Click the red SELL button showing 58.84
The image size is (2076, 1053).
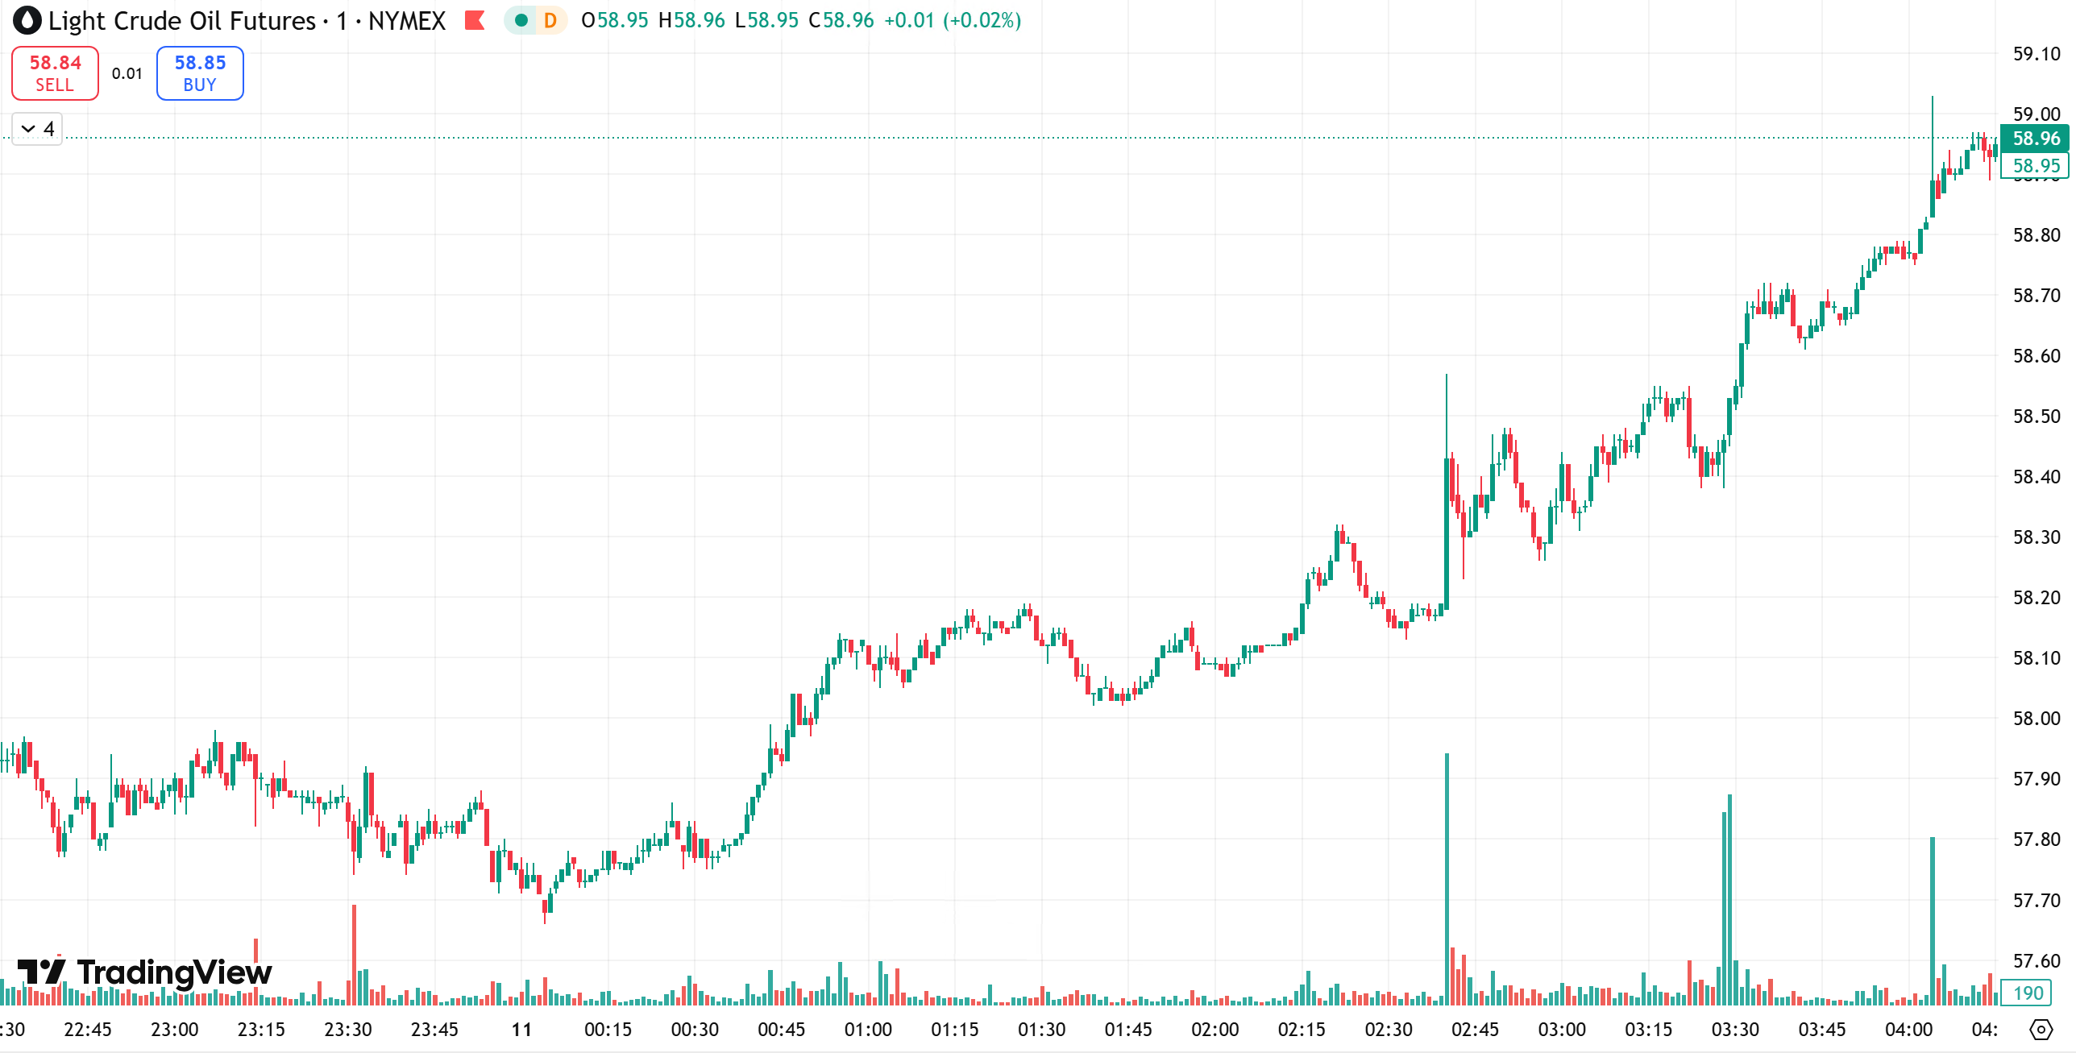(x=55, y=73)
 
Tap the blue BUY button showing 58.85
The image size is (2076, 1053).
(x=200, y=73)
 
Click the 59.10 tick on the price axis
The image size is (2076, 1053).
(x=2036, y=54)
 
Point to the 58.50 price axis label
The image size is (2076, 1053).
(x=2036, y=417)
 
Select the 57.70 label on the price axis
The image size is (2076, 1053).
(x=2036, y=900)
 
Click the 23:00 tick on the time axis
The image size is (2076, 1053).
(x=175, y=1030)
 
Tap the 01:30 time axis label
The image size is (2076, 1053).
(x=1041, y=1030)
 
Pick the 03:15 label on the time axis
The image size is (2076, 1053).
(x=1648, y=1030)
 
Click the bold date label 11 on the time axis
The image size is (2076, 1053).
(x=521, y=1030)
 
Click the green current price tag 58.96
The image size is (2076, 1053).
(x=2036, y=139)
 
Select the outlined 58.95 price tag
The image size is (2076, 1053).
(x=2036, y=166)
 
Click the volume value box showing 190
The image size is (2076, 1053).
(x=2028, y=993)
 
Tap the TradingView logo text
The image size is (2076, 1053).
(x=174, y=972)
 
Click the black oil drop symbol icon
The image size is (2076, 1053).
(x=27, y=21)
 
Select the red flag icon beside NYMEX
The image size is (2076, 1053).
(x=475, y=20)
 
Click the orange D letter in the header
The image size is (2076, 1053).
(x=550, y=20)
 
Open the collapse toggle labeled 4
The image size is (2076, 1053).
(x=37, y=129)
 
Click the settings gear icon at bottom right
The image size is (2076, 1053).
(x=2041, y=1030)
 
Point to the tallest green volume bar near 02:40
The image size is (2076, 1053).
(x=1447, y=878)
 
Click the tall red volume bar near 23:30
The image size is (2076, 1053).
(x=354, y=955)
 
